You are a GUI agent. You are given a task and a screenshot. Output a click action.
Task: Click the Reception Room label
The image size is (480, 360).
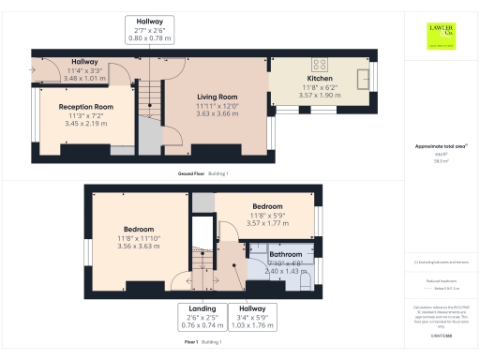click(91, 107)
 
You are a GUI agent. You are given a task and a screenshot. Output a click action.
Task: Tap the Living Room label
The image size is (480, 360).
click(217, 97)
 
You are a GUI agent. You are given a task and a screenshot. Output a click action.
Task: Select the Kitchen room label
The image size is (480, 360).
click(321, 79)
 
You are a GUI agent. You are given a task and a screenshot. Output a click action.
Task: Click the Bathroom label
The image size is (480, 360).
click(286, 254)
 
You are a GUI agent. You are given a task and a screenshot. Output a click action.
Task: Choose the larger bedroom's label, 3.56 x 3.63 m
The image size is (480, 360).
click(138, 228)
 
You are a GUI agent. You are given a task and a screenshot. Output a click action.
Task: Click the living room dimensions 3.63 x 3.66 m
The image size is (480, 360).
click(217, 113)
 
